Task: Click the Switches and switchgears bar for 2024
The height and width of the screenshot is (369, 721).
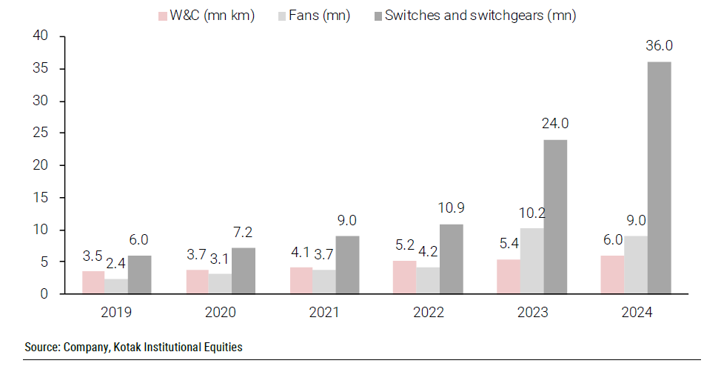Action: [x=660, y=178]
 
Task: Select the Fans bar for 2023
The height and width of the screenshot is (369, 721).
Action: [x=531, y=261]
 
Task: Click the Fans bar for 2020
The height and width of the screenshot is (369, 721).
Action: [x=220, y=284]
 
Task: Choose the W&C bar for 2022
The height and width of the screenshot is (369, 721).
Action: [x=405, y=277]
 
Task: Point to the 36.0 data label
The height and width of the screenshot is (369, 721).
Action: [x=660, y=46]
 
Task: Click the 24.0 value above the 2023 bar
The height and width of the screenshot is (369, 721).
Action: [x=555, y=124]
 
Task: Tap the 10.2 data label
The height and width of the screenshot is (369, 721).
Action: [x=531, y=213]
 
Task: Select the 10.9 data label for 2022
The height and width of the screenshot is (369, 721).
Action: [x=452, y=207]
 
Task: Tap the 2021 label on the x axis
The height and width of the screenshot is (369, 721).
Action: [x=323, y=312]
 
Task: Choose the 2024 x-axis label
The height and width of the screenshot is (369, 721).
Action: [x=637, y=312]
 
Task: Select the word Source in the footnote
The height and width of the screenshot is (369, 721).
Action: [x=41, y=347]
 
